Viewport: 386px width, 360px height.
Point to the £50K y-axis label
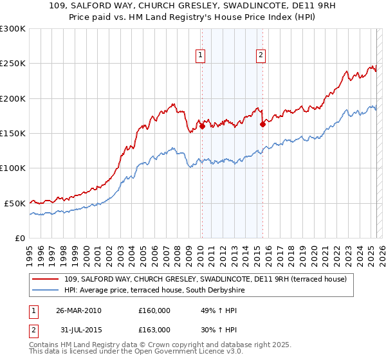(14, 203)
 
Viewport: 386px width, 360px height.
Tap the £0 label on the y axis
(19, 238)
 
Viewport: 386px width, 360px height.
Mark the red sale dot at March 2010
(202, 127)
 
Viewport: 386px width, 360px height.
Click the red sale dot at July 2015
(262, 125)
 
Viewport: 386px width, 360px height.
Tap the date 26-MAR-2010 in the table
(78, 310)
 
